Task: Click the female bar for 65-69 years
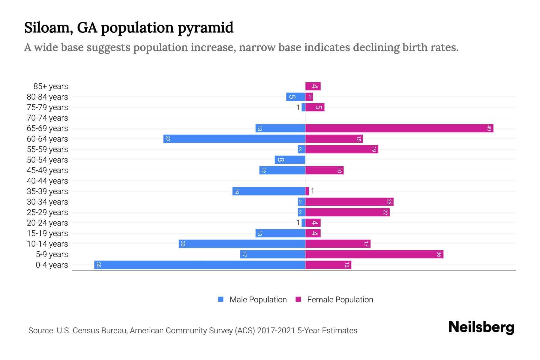(399, 128)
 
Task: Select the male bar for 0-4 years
(199, 265)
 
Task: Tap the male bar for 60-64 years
(234, 139)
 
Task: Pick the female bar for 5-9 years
(374, 254)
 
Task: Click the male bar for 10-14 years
(242, 244)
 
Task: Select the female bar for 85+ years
(313, 86)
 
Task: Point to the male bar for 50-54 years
(290, 160)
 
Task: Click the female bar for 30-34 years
(349, 202)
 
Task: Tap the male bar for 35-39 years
(268, 191)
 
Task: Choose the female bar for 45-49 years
(324, 170)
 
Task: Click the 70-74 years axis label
(47, 118)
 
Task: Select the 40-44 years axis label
(47, 181)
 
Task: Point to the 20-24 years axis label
(47, 223)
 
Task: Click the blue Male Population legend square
(221, 299)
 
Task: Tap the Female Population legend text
(340, 300)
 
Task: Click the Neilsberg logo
(481, 327)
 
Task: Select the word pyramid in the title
(205, 28)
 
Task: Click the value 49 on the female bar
(489, 128)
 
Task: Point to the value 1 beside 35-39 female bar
(312, 191)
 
